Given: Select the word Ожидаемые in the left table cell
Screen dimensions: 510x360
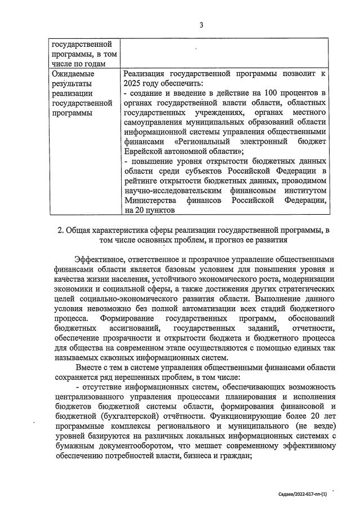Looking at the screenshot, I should click(73, 73).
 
